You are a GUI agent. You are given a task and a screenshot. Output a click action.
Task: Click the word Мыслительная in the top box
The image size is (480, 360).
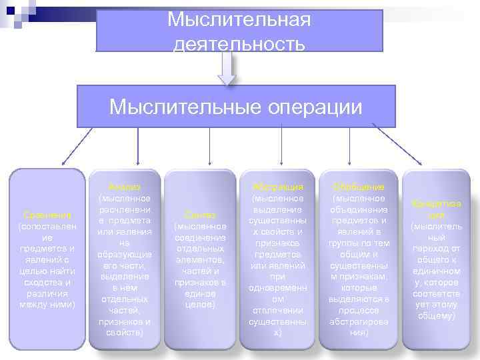239,19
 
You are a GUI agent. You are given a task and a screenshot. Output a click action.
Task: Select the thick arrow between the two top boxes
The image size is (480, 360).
227,68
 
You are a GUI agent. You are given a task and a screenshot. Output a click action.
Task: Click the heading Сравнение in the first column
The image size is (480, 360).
47,215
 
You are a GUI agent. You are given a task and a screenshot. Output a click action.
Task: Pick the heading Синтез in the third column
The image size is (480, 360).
201,215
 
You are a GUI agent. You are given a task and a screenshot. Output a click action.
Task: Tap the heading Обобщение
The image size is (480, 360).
358,187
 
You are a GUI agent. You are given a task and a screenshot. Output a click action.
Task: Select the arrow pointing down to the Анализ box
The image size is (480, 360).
137,146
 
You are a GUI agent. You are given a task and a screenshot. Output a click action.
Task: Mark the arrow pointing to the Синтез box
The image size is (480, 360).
210,146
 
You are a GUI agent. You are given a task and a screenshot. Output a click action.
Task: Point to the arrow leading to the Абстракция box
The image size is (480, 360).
282,146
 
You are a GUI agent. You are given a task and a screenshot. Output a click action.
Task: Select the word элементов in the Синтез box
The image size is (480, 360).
200,259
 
